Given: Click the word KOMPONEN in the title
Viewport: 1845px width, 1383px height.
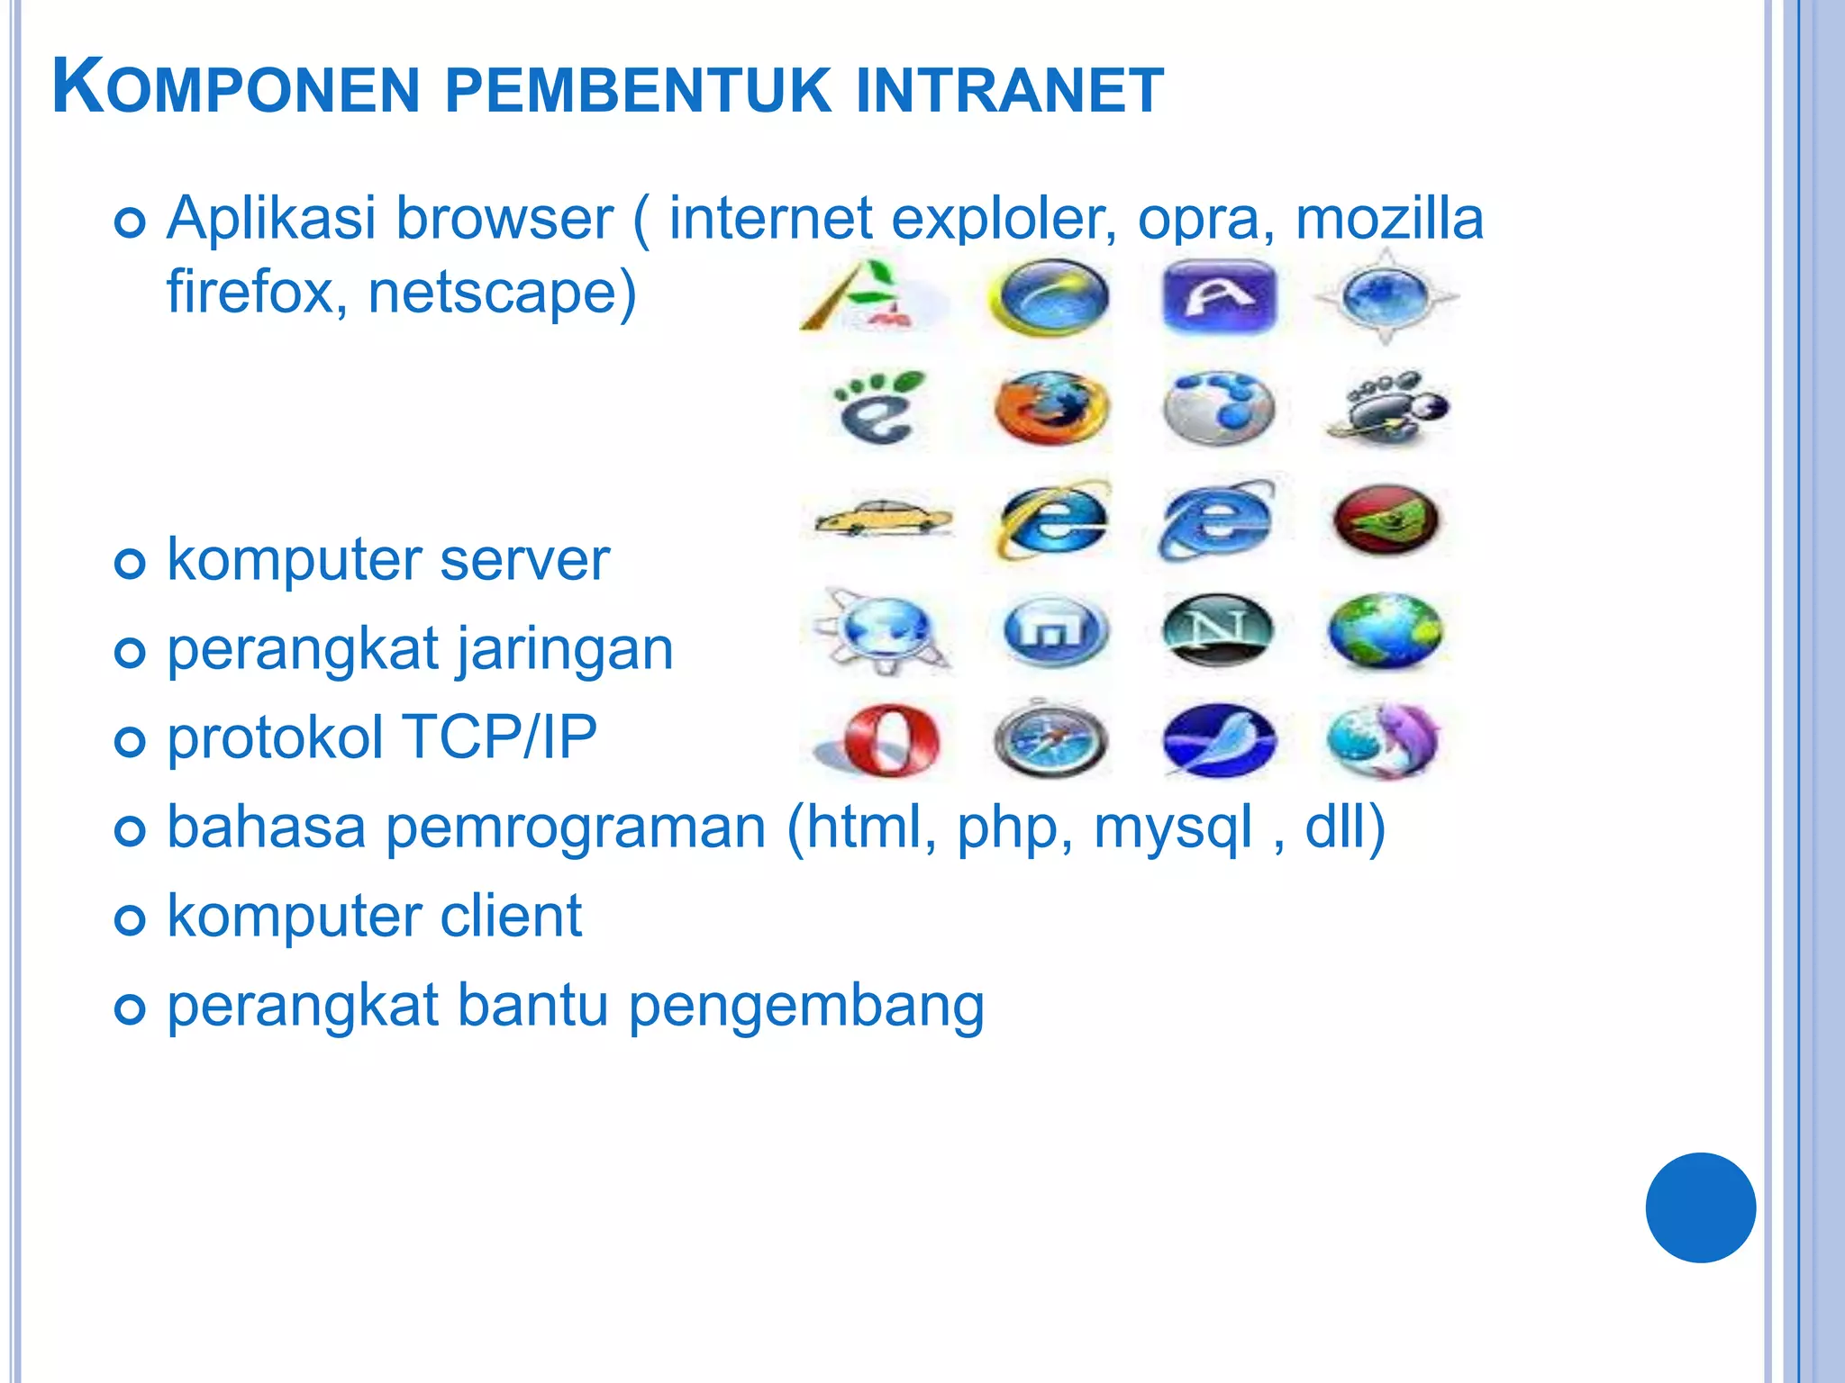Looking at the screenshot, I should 236,88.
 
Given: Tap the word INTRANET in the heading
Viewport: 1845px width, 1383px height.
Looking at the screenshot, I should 1009,90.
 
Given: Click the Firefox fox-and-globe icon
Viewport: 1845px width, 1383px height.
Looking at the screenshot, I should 1050,409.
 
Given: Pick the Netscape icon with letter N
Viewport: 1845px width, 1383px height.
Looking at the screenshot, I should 1218,629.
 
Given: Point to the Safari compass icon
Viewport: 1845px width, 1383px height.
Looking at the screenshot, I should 1050,740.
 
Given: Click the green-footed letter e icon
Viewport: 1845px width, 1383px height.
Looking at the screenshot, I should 878,409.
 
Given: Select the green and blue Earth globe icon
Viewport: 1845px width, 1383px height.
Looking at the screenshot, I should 1386,630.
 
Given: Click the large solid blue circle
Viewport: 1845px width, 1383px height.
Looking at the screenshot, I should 1700,1207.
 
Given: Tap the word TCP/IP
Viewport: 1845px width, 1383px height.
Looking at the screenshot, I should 499,738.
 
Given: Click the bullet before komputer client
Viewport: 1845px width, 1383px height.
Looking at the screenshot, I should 131,920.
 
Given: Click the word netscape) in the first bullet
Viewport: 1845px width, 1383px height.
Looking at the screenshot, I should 502,293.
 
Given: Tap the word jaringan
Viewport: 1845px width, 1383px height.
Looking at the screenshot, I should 564,650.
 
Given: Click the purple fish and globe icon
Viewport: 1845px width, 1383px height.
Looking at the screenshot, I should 1386,740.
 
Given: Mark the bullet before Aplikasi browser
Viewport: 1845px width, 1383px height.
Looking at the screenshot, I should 131,222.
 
